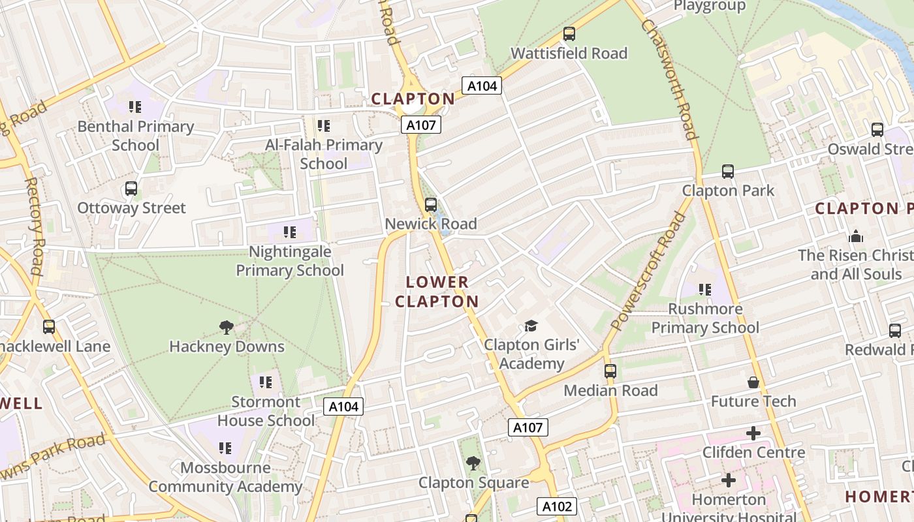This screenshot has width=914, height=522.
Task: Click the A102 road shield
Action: (x=557, y=506)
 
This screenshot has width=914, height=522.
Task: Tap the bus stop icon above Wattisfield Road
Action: (x=569, y=34)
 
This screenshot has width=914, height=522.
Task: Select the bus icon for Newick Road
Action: (x=430, y=205)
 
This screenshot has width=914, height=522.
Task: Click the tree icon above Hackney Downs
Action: (x=227, y=328)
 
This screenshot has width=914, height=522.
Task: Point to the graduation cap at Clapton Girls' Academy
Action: (x=531, y=326)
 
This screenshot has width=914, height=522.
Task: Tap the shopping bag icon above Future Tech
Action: (x=753, y=382)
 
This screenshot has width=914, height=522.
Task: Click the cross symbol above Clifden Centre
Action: (x=753, y=433)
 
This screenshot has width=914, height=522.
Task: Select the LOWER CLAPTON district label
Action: (x=437, y=292)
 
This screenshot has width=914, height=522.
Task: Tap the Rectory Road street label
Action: (x=36, y=225)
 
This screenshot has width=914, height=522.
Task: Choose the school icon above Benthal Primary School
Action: (x=135, y=107)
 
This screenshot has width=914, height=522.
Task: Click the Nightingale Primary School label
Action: (x=289, y=261)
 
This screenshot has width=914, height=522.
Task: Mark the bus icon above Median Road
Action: (x=610, y=371)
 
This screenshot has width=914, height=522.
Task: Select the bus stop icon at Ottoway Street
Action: (x=131, y=189)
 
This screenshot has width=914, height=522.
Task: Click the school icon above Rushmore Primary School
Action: (x=704, y=289)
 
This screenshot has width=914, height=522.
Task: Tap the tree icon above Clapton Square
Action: (x=473, y=463)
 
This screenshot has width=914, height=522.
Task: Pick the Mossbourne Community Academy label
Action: (x=225, y=477)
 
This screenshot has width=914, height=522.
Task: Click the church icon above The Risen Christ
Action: (x=855, y=236)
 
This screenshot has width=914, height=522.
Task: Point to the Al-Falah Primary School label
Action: (x=324, y=154)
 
